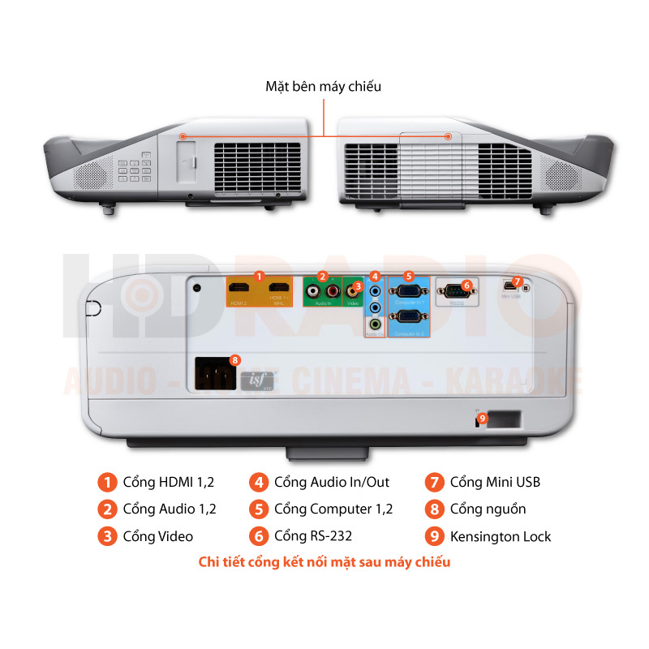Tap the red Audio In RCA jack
pos(331,290)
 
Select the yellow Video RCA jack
pos(353,290)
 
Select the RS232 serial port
pos(454,290)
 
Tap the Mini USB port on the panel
pos(509,286)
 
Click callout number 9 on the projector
pos(482,419)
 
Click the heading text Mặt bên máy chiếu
pos(323,86)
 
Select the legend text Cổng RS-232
pos(312,535)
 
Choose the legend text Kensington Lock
pos(500,535)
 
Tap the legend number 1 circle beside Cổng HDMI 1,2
pos(106,483)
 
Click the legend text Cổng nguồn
pos(488,509)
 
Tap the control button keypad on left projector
pos(134,168)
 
